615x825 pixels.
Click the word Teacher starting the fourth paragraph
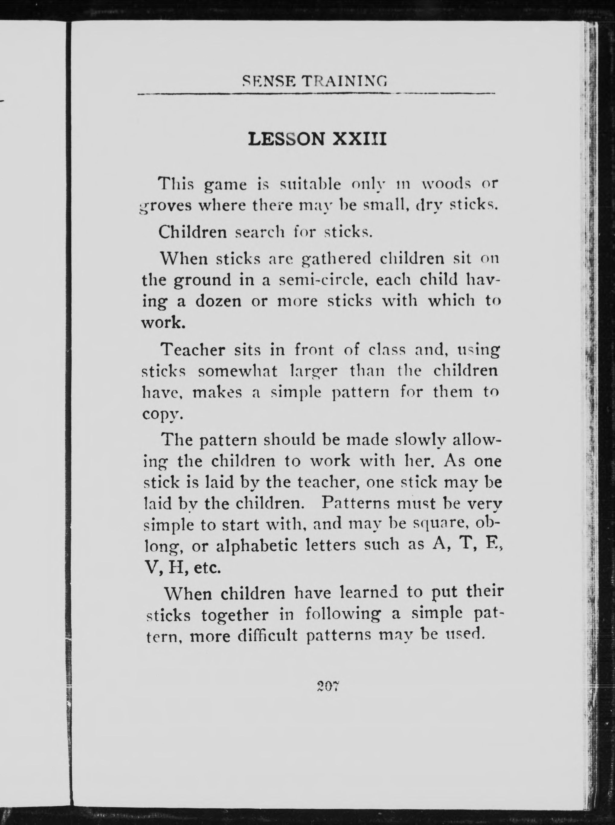(x=193, y=350)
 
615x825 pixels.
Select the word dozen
(x=218, y=301)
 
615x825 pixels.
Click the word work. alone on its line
(x=163, y=322)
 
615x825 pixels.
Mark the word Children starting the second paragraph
(x=192, y=232)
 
